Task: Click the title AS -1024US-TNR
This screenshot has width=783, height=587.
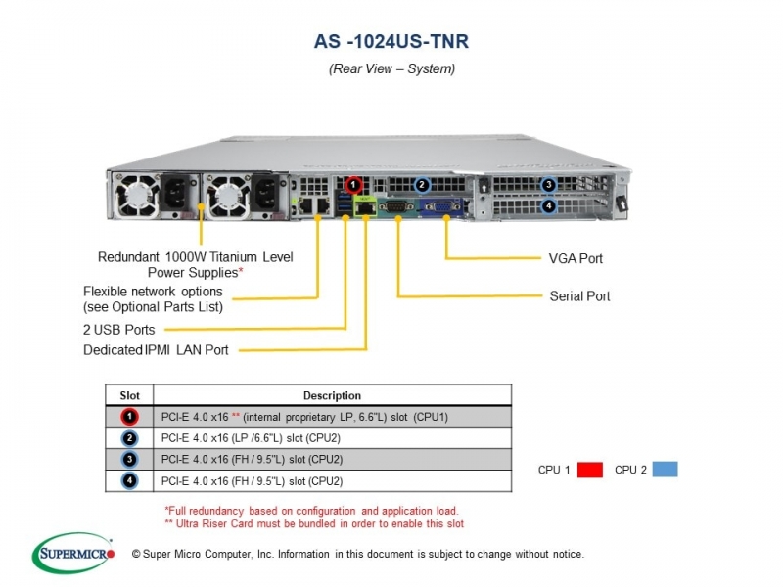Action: (391, 41)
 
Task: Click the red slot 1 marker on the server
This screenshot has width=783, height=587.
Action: (353, 185)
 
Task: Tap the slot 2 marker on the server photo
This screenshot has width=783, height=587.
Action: (422, 185)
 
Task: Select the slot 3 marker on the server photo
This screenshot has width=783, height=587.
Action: (549, 185)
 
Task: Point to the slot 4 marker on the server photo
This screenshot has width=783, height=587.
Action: (549, 205)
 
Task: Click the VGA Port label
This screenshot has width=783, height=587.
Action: (576, 258)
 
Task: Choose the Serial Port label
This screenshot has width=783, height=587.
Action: (579, 296)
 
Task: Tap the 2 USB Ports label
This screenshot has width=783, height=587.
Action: (118, 330)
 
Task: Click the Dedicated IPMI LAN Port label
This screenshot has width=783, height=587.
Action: (156, 350)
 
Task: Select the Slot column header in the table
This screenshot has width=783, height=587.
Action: (129, 395)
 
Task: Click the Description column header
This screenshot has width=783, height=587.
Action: (332, 395)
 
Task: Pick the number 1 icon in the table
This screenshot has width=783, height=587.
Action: (129, 417)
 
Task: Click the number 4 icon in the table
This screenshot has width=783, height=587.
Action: (129, 480)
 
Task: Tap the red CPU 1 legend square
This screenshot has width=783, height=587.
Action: (590, 470)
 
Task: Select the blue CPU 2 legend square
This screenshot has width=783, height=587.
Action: (666, 470)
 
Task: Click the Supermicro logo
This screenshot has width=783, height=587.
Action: (73, 553)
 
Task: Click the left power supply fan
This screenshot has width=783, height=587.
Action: (136, 196)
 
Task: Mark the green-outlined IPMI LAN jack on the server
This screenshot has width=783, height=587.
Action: (365, 205)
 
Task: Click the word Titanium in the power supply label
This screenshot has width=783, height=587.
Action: (232, 256)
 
